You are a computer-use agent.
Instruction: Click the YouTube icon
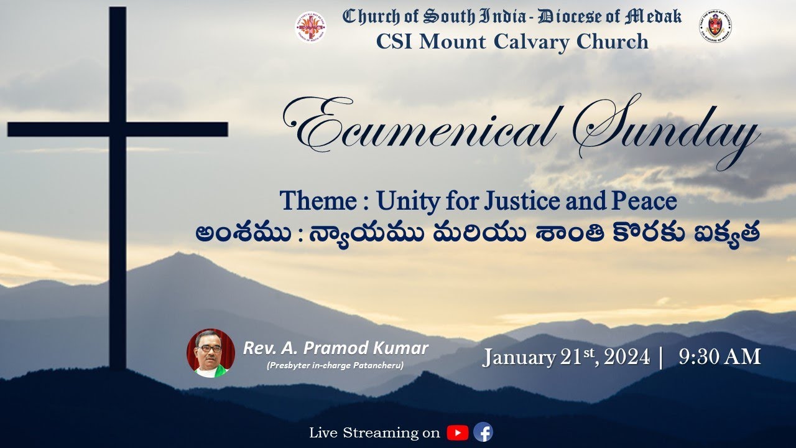[x=457, y=432]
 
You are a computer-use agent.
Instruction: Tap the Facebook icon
[x=483, y=432]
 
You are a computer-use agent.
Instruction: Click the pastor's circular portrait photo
[x=211, y=353]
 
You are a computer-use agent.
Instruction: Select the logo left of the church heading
[x=310, y=27]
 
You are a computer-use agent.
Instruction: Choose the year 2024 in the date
[x=626, y=358]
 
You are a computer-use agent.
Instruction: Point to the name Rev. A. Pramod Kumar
[x=335, y=348]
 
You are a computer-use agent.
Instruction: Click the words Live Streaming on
[x=374, y=432]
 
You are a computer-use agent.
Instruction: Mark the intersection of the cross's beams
[x=118, y=129]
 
